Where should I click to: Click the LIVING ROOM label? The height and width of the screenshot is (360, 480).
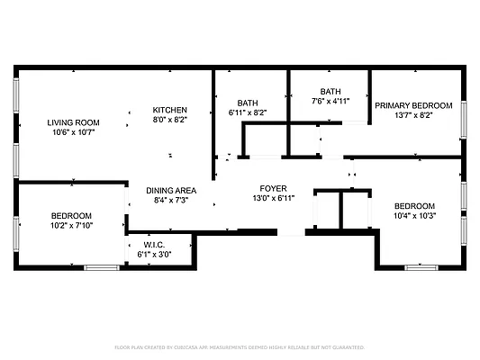(x=74, y=122)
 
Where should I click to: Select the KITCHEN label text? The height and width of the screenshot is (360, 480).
(x=169, y=110)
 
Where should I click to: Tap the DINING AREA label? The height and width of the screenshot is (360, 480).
(x=172, y=190)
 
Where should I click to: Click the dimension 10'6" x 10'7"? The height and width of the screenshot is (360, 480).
(x=74, y=132)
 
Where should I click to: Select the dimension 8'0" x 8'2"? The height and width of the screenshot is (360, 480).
(x=169, y=120)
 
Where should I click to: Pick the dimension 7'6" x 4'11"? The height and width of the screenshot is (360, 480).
(x=331, y=102)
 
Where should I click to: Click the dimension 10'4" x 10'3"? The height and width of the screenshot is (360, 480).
(x=415, y=216)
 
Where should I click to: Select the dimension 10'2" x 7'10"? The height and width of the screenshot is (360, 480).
(x=71, y=226)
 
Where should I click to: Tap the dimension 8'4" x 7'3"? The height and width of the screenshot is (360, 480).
(x=172, y=200)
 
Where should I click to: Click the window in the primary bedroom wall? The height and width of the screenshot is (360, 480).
(x=465, y=116)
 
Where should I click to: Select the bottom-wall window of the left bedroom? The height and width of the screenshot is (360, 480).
(x=102, y=267)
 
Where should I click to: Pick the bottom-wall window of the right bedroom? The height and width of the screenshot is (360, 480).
(x=421, y=267)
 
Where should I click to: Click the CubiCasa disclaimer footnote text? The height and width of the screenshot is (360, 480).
(x=240, y=346)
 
